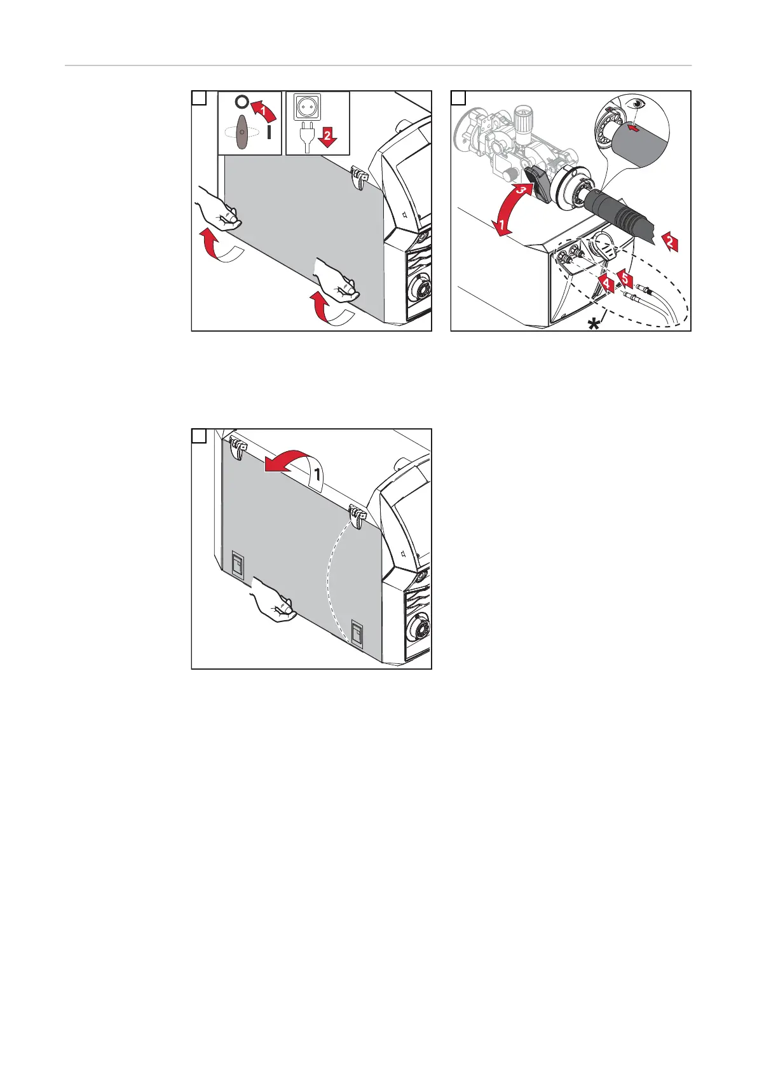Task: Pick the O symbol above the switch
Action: click(x=241, y=102)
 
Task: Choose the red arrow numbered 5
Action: click(x=625, y=278)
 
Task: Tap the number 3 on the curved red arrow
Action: click(x=521, y=190)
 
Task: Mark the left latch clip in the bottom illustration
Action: click(x=238, y=447)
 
